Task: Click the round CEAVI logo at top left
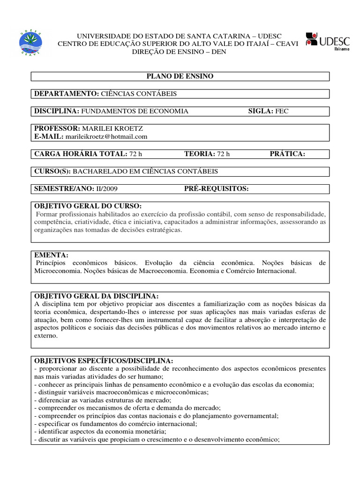tap(31, 43)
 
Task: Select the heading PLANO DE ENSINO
tap(180, 76)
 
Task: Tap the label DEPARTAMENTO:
tap(66, 94)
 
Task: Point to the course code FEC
tap(282, 111)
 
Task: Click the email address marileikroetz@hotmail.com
tap(106, 136)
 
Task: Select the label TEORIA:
tap(199, 154)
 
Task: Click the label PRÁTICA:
tap(287, 154)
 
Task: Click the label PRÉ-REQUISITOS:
tap(216, 188)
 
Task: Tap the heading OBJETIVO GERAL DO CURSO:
tap(88, 206)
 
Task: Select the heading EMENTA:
tap(52, 255)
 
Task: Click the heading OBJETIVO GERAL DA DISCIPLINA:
tap(97, 296)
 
